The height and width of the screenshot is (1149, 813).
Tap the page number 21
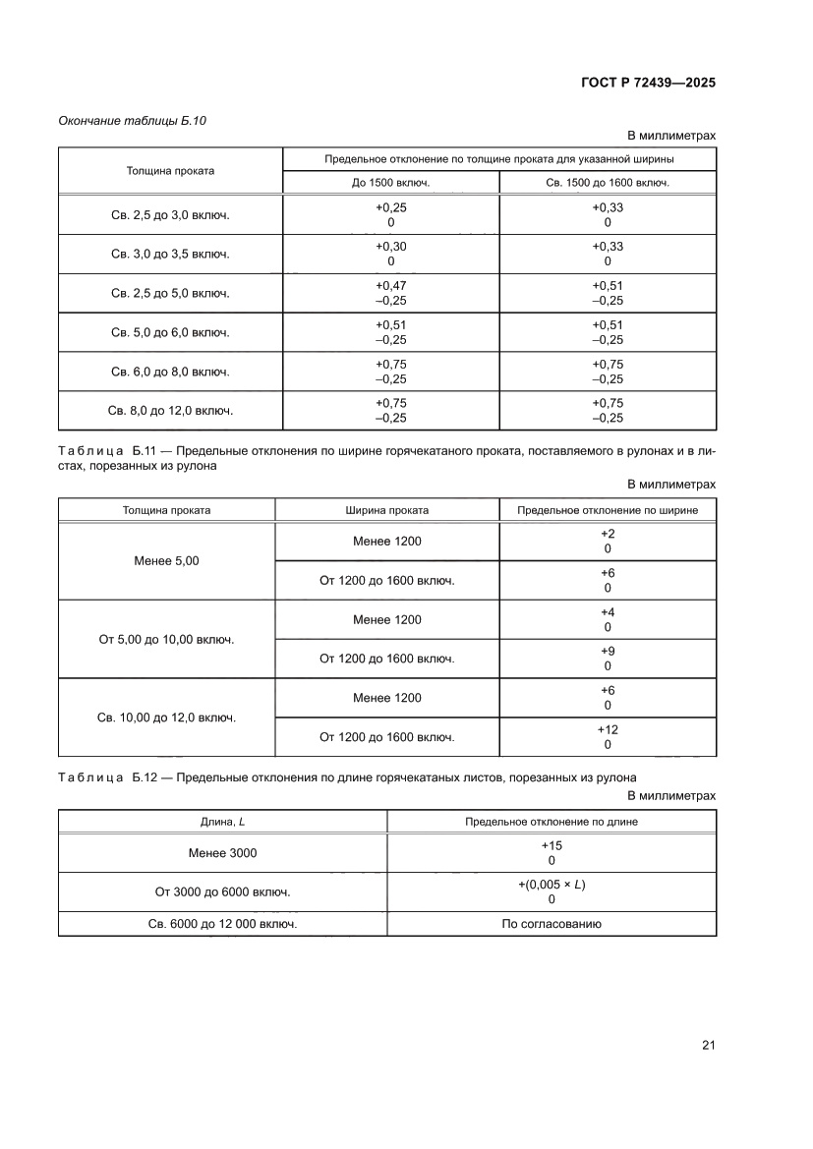pyautogui.click(x=708, y=1045)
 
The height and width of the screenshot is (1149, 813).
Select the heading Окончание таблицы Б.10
pyautogui.click(x=132, y=121)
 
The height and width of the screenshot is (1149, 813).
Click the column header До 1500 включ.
pyautogui.click(x=390, y=183)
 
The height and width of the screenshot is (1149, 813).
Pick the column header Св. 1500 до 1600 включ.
pyautogui.click(x=607, y=183)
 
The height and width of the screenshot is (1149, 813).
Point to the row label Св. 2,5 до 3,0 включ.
pyautogui.click(x=170, y=215)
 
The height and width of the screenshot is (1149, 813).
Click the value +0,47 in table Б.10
pyautogui.click(x=390, y=286)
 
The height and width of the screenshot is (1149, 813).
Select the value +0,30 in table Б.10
pyautogui.click(x=390, y=247)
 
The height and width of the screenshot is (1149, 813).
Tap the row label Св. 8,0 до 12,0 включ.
pyautogui.click(x=170, y=411)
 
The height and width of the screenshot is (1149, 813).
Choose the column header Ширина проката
pyautogui.click(x=386, y=510)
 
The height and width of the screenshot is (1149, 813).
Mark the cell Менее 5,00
pyautogui.click(x=166, y=560)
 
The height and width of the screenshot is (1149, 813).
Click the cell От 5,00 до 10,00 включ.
pyautogui.click(x=166, y=639)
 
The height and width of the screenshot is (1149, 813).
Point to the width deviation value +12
pyautogui.click(x=608, y=730)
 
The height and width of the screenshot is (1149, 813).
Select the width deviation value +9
pyautogui.click(x=608, y=652)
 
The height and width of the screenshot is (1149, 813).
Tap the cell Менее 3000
pyautogui.click(x=222, y=853)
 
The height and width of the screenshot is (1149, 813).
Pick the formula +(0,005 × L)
pyautogui.click(x=552, y=885)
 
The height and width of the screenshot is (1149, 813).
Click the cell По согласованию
pyautogui.click(x=552, y=924)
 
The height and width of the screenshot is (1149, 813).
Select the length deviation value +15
pyautogui.click(x=552, y=845)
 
